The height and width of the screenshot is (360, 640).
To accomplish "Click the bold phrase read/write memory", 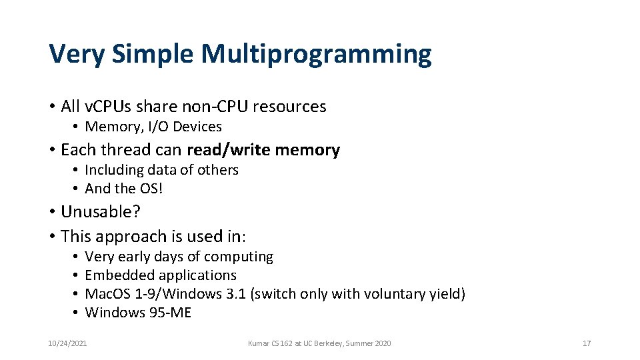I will [263, 150].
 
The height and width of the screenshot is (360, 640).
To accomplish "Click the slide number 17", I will [587, 343].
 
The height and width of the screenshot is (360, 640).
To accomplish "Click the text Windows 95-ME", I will [138, 313].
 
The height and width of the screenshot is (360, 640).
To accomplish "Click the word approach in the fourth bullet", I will [126, 237].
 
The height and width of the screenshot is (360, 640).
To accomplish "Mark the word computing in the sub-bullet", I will [241, 257].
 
